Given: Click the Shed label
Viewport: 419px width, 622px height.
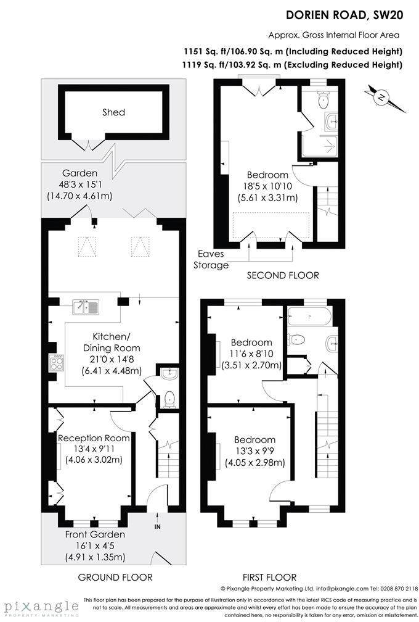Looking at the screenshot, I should [113, 112].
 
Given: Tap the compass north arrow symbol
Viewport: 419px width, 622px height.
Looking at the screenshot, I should [383, 97].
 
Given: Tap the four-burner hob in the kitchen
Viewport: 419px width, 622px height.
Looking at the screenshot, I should [55, 361].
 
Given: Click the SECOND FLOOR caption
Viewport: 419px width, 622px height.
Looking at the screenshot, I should [283, 275].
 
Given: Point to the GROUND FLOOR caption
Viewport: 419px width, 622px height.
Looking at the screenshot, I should [115, 577].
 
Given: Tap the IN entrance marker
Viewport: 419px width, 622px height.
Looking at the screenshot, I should [157, 526].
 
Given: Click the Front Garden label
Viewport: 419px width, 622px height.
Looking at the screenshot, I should [96, 534].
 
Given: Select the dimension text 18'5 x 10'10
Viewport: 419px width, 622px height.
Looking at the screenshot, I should [267, 186].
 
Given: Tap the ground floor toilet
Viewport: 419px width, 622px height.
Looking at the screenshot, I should [168, 399].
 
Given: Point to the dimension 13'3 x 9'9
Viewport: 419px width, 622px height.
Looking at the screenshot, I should [254, 452].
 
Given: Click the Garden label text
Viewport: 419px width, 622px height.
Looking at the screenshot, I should [79, 173].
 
